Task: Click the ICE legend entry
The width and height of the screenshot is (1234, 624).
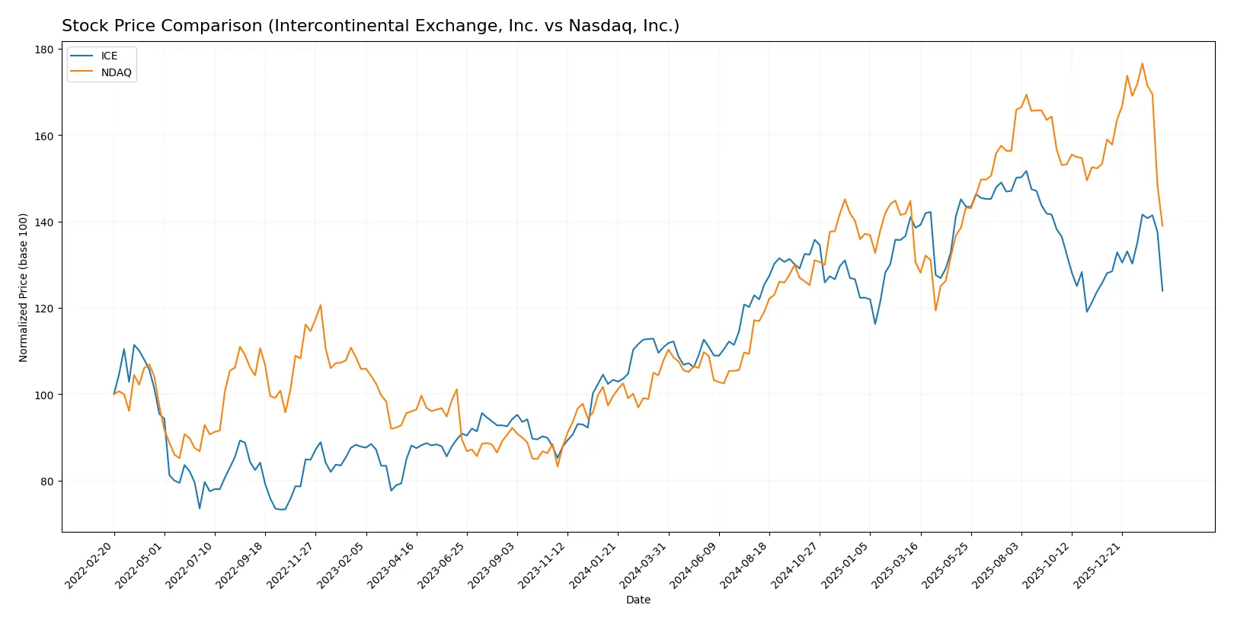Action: click(109, 56)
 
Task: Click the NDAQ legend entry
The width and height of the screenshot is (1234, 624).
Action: click(116, 73)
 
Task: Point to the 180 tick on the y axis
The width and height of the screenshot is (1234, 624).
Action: click(44, 50)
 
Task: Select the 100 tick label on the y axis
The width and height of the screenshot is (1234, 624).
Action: click(44, 395)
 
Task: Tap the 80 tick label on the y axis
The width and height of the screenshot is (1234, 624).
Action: click(47, 482)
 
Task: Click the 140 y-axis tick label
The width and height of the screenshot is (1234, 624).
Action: click(44, 222)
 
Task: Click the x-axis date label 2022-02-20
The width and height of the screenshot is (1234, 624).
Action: click(91, 565)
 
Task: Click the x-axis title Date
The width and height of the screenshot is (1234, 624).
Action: click(638, 600)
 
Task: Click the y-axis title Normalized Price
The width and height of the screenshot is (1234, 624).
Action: click(24, 287)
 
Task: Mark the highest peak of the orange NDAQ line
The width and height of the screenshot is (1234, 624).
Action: click(1142, 63)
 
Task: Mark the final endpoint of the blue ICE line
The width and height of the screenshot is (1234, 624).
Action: click(1162, 291)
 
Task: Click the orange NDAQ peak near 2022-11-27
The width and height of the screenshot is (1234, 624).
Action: click(320, 306)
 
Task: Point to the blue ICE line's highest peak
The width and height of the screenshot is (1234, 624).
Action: click(1026, 171)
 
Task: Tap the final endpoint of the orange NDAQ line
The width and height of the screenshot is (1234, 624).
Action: click(1162, 226)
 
